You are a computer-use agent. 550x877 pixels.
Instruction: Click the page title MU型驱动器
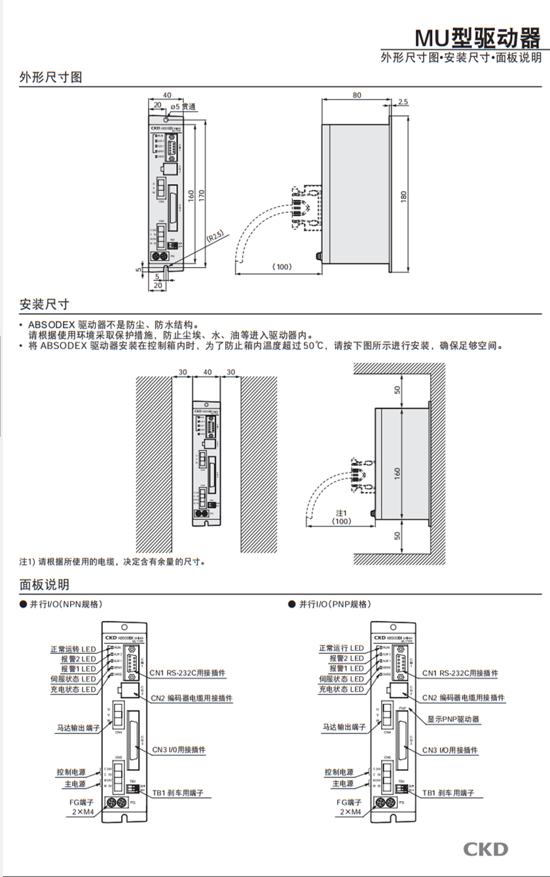(479, 38)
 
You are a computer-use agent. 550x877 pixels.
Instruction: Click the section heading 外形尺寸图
(50, 77)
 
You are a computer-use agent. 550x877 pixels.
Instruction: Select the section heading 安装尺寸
(44, 305)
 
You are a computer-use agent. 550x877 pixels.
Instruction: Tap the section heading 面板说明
(44, 584)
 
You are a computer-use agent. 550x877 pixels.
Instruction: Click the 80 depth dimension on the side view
(357, 95)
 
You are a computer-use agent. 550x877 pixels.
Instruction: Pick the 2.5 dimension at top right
(403, 102)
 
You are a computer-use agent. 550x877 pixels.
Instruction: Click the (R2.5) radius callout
(215, 235)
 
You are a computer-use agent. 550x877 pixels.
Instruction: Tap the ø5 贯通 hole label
(183, 106)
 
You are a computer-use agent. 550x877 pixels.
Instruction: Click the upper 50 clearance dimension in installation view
(396, 390)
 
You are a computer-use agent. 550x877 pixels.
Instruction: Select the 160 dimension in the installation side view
(396, 473)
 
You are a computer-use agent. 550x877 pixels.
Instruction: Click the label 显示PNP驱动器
(453, 718)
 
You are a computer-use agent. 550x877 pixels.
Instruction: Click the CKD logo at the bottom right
(486, 849)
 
